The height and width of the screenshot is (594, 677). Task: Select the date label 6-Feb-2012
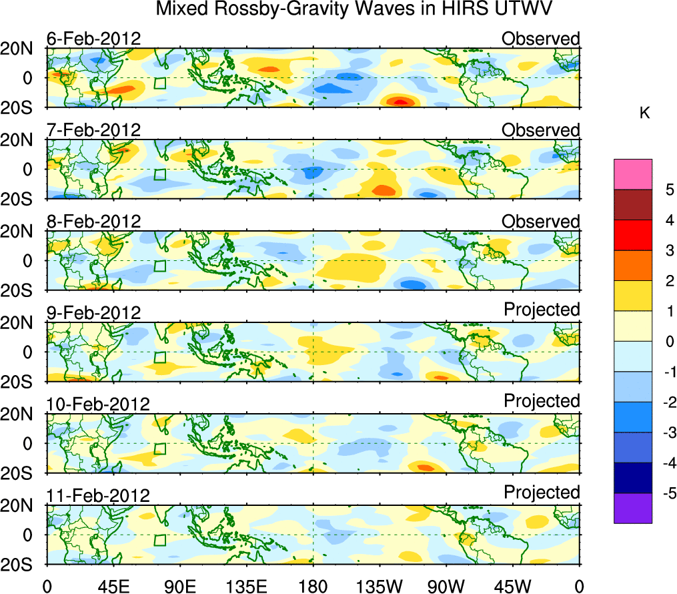click(93, 39)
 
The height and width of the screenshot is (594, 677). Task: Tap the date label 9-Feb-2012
click(93, 312)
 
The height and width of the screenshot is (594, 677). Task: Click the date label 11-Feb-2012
click(98, 495)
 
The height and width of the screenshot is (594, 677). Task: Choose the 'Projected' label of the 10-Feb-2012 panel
click(542, 401)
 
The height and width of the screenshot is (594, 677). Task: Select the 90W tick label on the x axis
click(446, 586)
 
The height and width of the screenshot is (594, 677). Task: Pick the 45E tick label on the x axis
click(113, 586)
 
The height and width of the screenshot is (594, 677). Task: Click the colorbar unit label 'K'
click(644, 113)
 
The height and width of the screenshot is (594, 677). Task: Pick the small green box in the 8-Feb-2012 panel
click(159, 265)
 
